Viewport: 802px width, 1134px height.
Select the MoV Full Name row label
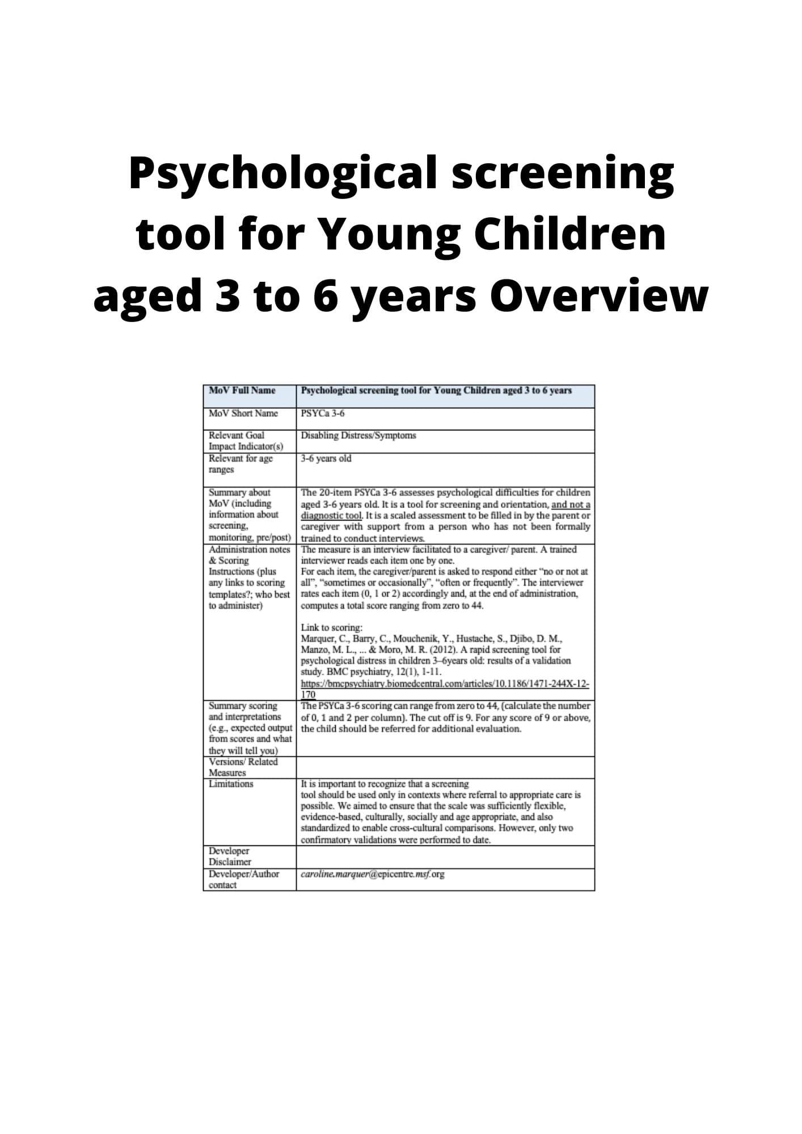[x=242, y=390]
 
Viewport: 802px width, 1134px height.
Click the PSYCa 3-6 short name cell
[x=323, y=413]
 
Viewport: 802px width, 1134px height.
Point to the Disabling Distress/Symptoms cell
[x=358, y=435]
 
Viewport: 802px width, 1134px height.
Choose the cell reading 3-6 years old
[x=326, y=458]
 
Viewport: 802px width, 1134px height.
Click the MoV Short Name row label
[x=243, y=413]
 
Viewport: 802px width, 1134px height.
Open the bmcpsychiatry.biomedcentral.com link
[x=445, y=684]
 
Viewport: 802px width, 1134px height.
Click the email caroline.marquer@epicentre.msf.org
[x=373, y=874]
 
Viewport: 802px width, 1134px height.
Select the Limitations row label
[x=231, y=784]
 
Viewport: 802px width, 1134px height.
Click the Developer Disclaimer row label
[x=230, y=856]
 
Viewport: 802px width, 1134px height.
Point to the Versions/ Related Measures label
[x=243, y=767]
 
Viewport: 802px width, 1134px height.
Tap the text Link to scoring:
[x=331, y=628]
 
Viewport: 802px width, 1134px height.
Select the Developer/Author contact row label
[x=244, y=879]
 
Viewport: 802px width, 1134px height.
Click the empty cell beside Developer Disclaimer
[x=445, y=856]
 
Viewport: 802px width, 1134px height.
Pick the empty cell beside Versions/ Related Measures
[x=445, y=767]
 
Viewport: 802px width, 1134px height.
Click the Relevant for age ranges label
[x=240, y=464]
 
